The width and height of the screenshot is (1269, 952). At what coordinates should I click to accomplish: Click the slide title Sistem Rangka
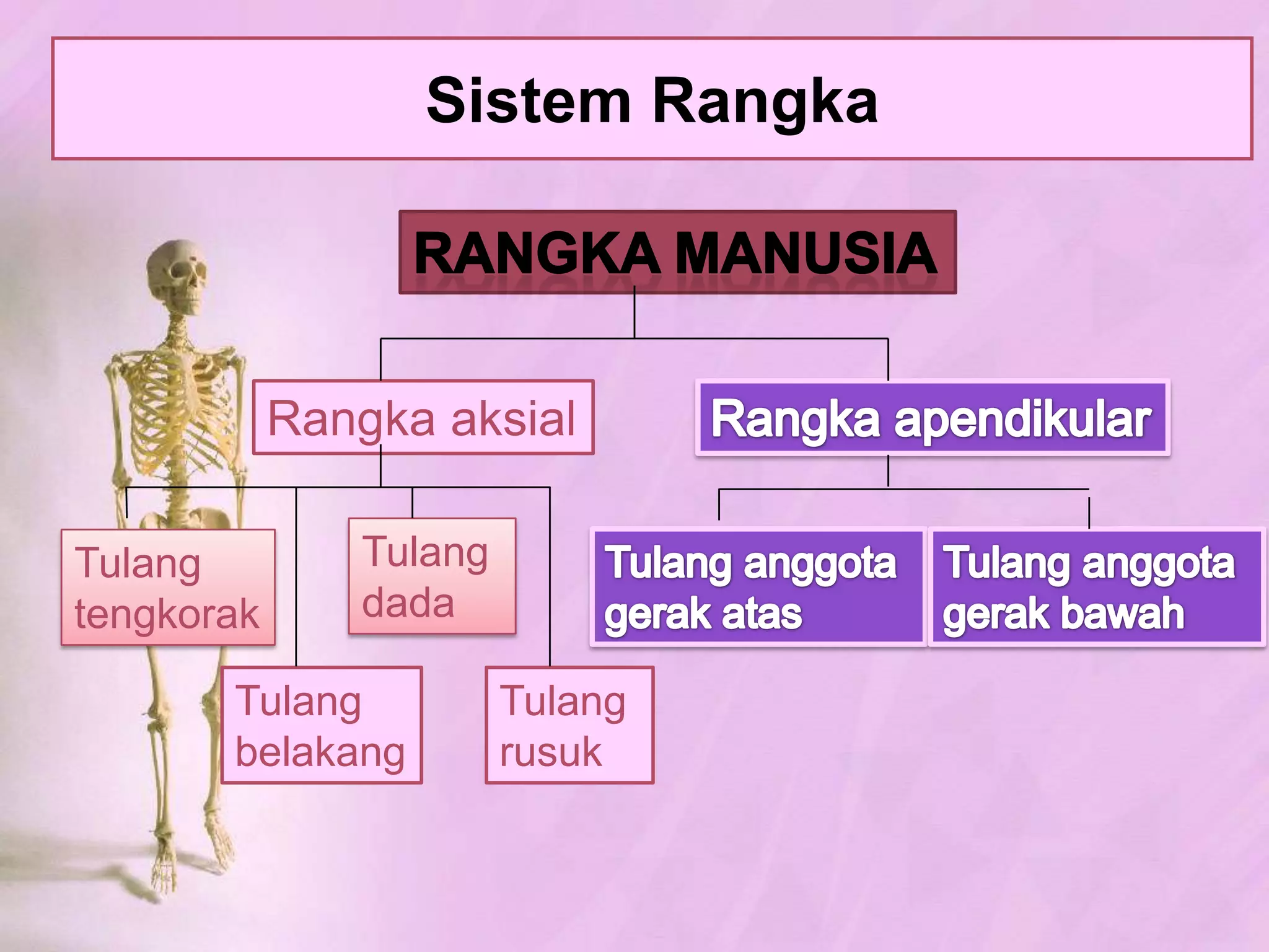(652, 100)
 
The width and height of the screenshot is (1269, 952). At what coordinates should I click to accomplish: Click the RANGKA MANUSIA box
(677, 252)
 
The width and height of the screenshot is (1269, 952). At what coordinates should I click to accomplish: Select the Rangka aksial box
(423, 418)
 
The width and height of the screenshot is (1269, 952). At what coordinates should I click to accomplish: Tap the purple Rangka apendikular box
(933, 418)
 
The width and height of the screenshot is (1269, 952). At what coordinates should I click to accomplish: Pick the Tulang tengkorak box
(168, 587)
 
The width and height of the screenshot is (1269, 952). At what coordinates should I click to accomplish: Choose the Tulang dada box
(432, 576)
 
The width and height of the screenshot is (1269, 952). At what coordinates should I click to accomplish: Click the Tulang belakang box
(322, 725)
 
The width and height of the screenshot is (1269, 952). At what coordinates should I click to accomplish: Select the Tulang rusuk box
(569, 725)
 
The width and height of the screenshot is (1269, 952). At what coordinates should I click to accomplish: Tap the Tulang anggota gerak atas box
(757, 587)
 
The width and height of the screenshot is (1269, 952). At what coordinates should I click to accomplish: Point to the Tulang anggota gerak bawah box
(1096, 587)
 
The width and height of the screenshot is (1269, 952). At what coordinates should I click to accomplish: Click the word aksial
(513, 419)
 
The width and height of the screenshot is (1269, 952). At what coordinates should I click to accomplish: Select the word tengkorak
(167, 614)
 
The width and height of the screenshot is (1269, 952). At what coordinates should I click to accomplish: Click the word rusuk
(550, 752)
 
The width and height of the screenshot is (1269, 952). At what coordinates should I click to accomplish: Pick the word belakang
(320, 752)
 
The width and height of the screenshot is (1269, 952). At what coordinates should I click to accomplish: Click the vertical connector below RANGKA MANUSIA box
(634, 316)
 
